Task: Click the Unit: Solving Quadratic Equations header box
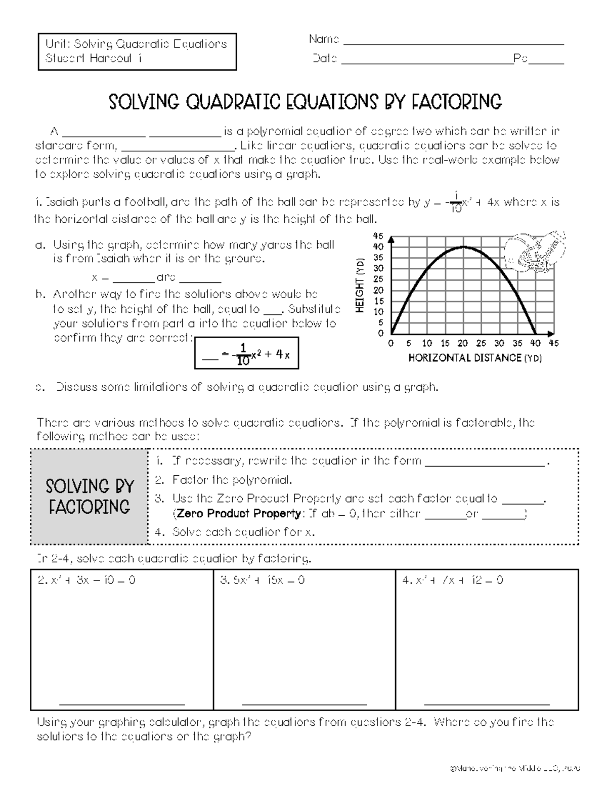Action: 137,51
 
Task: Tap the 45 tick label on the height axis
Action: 378,236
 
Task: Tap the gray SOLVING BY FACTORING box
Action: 90,497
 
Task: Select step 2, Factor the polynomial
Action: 232,480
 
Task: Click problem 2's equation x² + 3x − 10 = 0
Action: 87,580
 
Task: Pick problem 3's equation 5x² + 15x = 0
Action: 263,580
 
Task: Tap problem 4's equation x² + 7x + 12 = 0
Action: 452,580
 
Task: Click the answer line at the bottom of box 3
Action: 304,703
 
